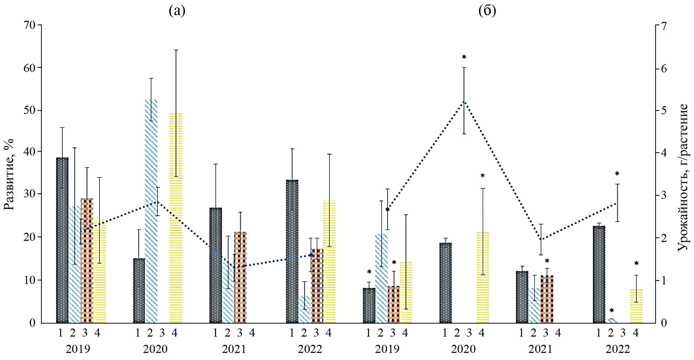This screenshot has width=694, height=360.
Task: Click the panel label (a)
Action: click(177, 11)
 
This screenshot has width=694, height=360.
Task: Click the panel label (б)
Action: click(487, 11)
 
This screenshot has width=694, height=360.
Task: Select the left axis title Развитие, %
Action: click(9, 174)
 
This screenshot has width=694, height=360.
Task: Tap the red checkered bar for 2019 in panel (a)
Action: click(87, 260)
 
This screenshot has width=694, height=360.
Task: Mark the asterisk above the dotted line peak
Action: click(464, 57)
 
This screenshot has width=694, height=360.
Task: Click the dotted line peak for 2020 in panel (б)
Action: click(464, 101)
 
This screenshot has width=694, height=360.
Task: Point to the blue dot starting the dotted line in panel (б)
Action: click(387, 209)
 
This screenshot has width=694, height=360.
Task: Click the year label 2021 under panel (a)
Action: click(234, 349)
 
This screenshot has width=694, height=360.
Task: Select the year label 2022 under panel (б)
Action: click(618, 349)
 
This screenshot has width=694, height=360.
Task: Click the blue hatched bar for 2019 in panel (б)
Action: click(381, 278)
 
